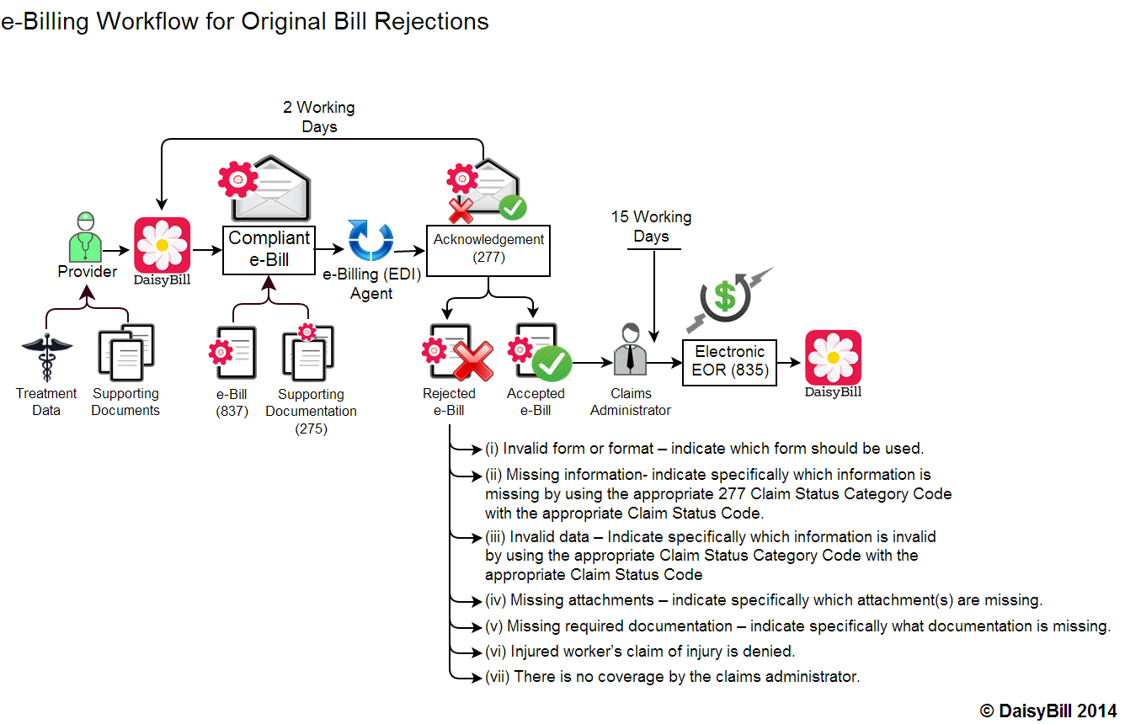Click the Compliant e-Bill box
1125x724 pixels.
(269, 249)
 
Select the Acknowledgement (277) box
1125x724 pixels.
(488, 249)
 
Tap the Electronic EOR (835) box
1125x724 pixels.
(729, 361)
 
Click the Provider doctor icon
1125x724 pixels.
(86, 237)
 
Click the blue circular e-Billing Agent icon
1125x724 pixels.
(371, 242)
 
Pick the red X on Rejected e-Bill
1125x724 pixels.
(472, 359)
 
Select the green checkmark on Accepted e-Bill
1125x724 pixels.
(552, 363)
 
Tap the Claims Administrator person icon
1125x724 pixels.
(630, 352)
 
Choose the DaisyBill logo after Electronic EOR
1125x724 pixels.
(833, 358)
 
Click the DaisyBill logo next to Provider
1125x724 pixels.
(162, 246)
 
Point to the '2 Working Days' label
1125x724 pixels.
(318, 117)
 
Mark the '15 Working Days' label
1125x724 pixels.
(651, 226)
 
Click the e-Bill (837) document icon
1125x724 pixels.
(235, 354)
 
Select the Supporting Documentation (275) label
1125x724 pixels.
(311, 411)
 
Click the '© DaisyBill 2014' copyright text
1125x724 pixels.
(1048, 711)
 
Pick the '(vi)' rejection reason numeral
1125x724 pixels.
(496, 651)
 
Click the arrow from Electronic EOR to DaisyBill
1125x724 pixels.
(790, 363)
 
